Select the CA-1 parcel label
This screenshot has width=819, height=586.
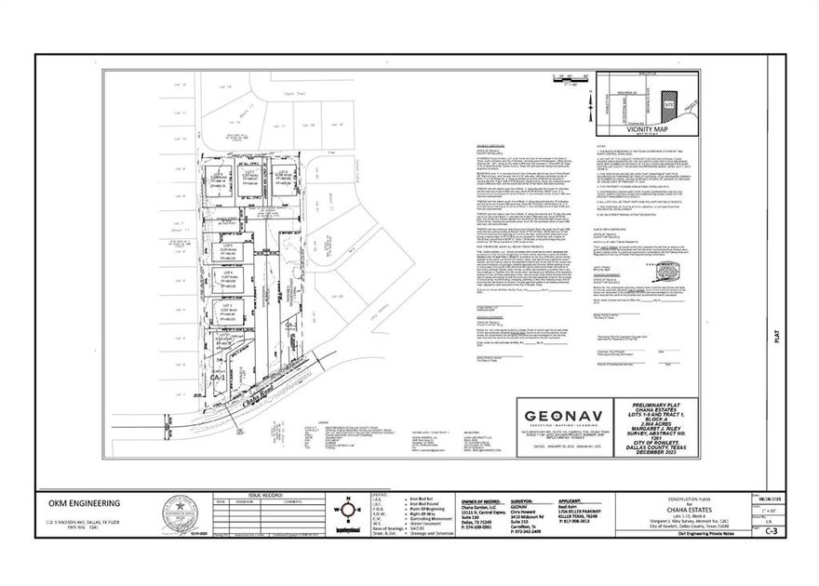tap(216, 379)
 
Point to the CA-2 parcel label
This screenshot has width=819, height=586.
tap(289, 324)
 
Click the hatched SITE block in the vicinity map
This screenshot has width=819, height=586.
tap(666, 102)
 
